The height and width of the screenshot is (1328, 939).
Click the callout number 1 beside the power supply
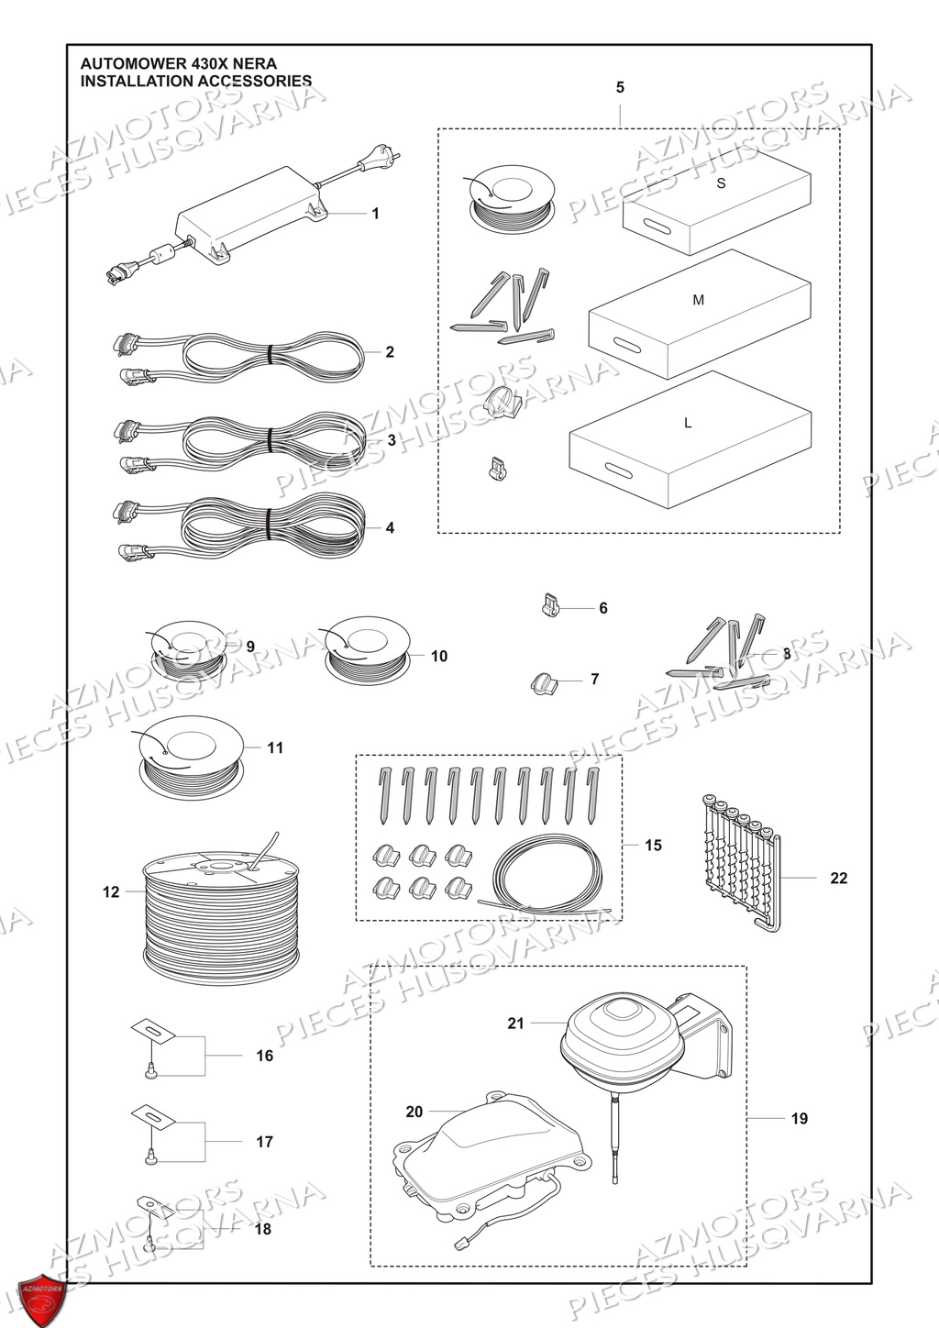click(375, 214)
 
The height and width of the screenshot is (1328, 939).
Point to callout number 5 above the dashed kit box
click(620, 87)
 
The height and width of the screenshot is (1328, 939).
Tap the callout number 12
click(111, 891)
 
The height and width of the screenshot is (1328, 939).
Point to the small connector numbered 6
click(547, 607)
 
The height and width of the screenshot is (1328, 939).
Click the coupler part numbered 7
click(543, 682)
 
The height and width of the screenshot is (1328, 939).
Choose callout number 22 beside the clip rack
click(838, 878)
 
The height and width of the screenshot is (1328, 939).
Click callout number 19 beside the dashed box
click(799, 1118)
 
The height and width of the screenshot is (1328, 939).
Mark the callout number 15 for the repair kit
click(653, 845)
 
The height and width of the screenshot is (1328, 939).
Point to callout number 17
click(264, 1142)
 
